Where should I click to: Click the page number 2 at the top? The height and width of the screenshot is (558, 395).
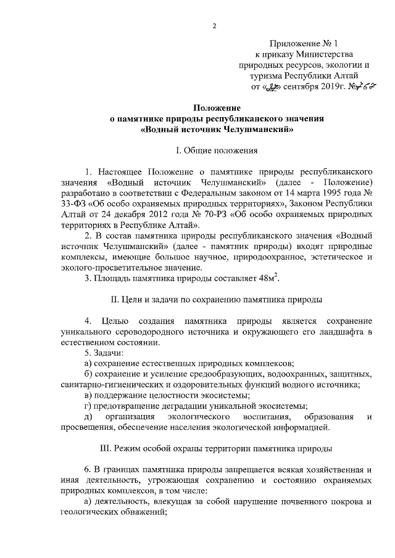click(214, 25)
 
